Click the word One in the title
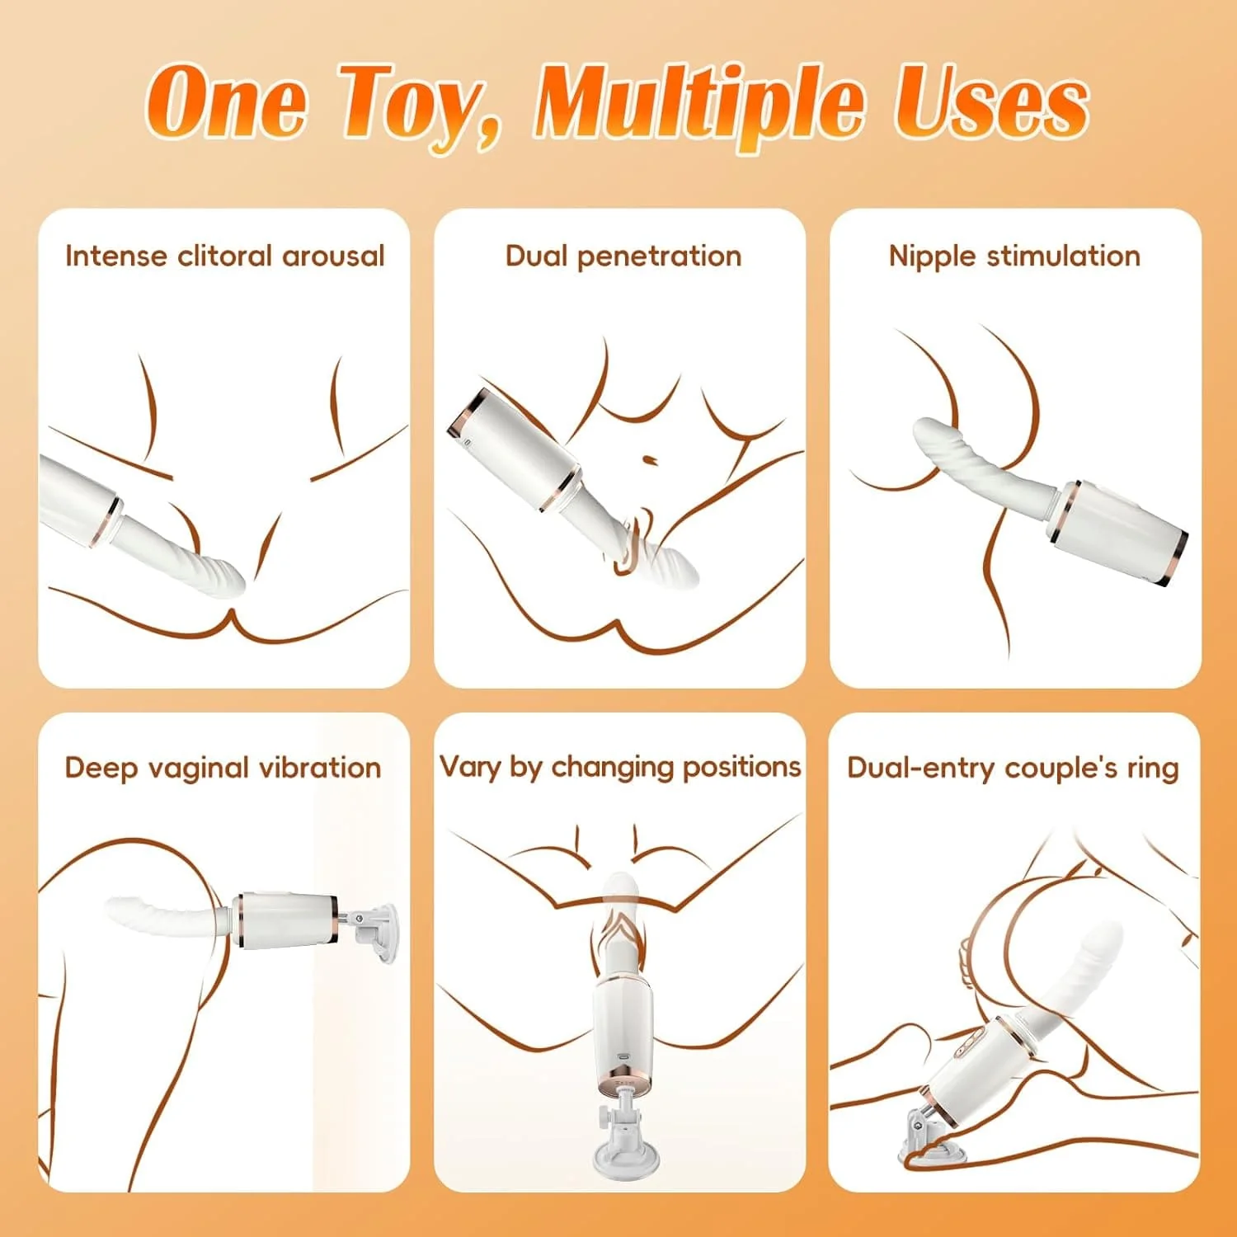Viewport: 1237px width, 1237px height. click(x=227, y=103)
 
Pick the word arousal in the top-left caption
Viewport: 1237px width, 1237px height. click(x=333, y=256)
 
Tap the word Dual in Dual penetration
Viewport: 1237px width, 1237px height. click(x=536, y=256)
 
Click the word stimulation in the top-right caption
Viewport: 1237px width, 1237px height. click(x=1064, y=256)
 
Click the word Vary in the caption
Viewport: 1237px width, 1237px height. click(x=470, y=767)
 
